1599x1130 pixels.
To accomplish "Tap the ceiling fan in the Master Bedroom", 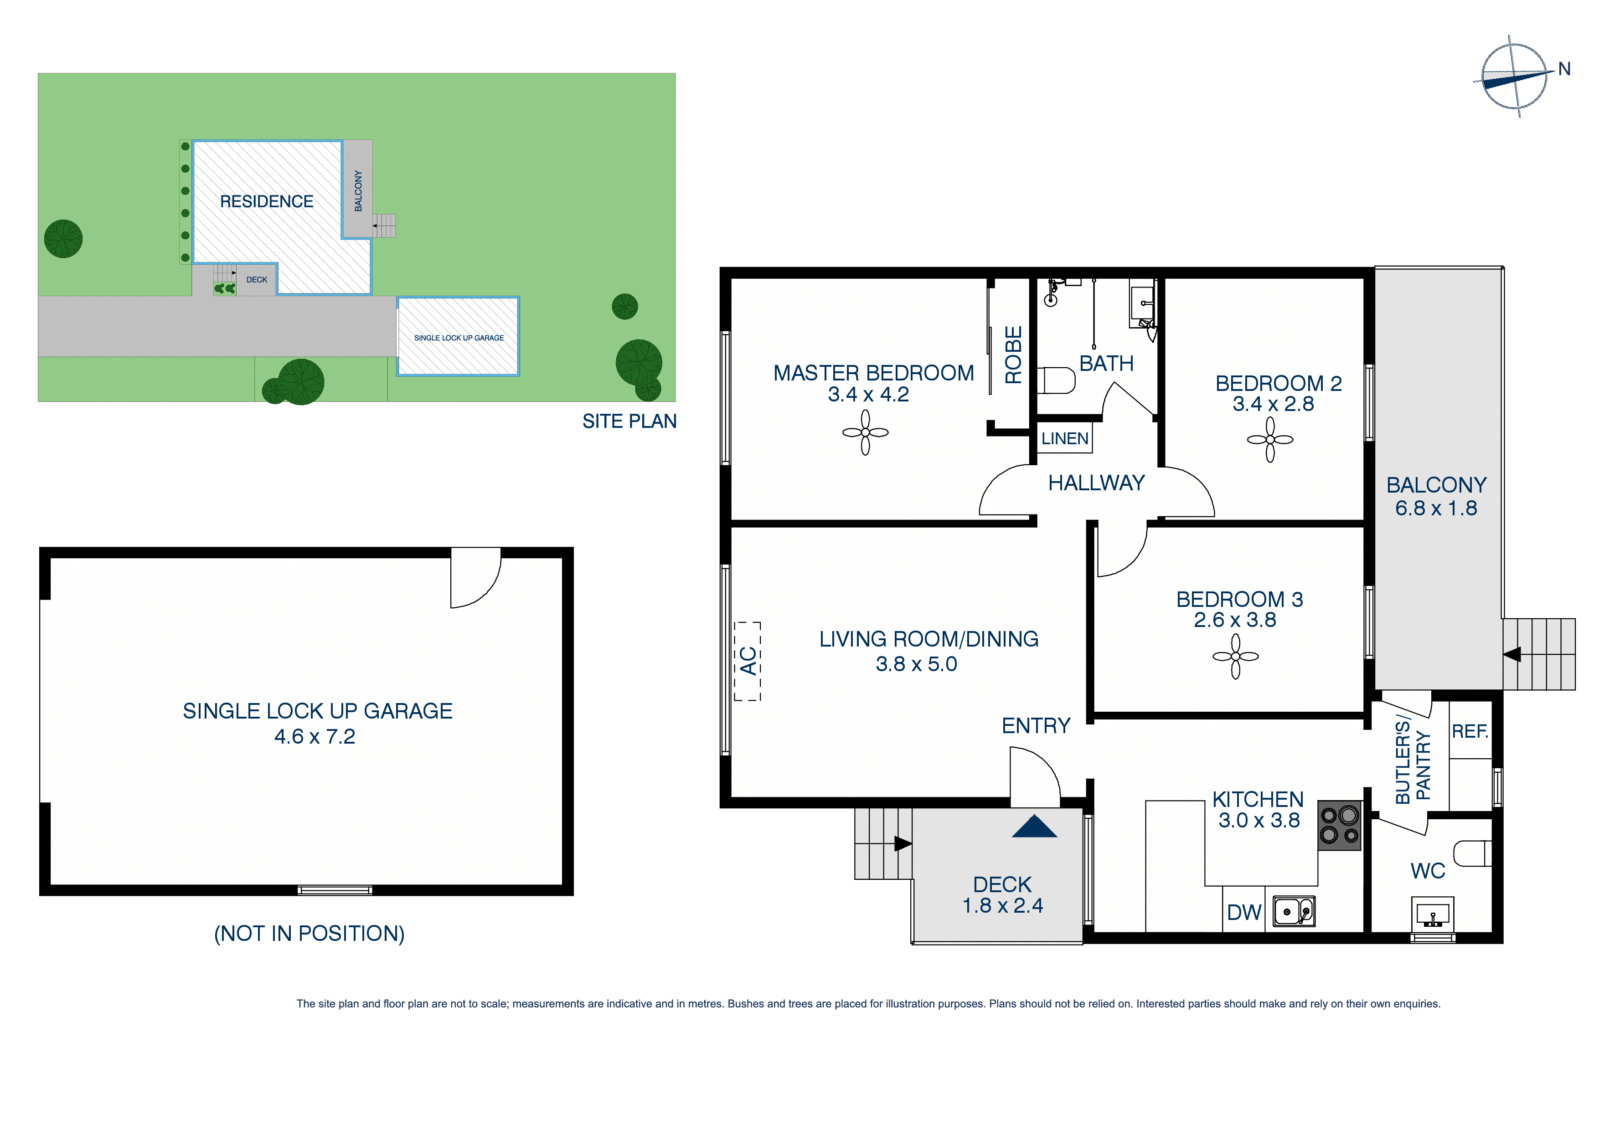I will [x=865, y=432].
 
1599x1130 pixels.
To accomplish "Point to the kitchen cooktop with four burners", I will [x=1339, y=825].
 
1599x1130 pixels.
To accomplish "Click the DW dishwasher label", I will [x=1244, y=912].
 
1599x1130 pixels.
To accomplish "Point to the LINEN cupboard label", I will [x=1065, y=439].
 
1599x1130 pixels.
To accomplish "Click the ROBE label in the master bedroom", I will [x=1013, y=354].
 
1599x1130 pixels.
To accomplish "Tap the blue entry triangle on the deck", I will [x=1034, y=827].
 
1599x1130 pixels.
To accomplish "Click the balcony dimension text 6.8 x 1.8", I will [x=1435, y=508].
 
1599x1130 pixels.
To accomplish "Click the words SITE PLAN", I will [x=629, y=421].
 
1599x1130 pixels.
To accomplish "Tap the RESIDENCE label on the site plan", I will [x=267, y=201].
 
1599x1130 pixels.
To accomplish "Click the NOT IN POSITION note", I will [x=309, y=933].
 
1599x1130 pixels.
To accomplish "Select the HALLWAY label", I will [x=1096, y=483].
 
